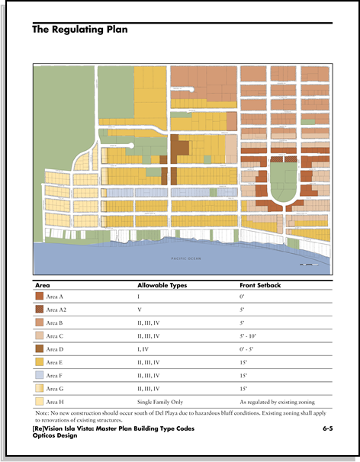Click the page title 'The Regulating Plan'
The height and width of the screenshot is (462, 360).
click(x=79, y=30)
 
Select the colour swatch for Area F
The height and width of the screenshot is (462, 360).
click(x=40, y=375)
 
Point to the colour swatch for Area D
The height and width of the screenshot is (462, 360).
click(x=40, y=349)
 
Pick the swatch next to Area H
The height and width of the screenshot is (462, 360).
click(x=40, y=402)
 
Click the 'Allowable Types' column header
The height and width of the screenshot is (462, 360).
click(x=162, y=284)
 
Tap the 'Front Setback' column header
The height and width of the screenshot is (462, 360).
click(x=260, y=284)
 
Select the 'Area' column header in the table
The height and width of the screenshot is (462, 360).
click(x=43, y=284)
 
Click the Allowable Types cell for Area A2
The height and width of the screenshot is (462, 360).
click(x=139, y=310)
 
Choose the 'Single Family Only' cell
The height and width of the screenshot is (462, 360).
click(x=161, y=402)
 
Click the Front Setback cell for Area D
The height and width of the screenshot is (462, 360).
click(x=246, y=349)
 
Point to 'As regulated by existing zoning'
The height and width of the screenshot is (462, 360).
click(x=276, y=402)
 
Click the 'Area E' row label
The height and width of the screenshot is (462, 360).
click(x=56, y=362)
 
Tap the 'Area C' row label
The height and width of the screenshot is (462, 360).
click(x=56, y=336)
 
